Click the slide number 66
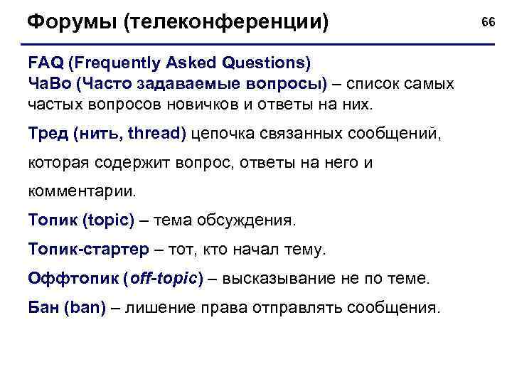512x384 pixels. click(488, 23)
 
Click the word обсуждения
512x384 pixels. click(249, 220)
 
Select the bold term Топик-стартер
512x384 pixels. click(88, 250)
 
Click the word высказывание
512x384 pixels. click(273, 279)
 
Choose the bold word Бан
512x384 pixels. click(43, 308)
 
